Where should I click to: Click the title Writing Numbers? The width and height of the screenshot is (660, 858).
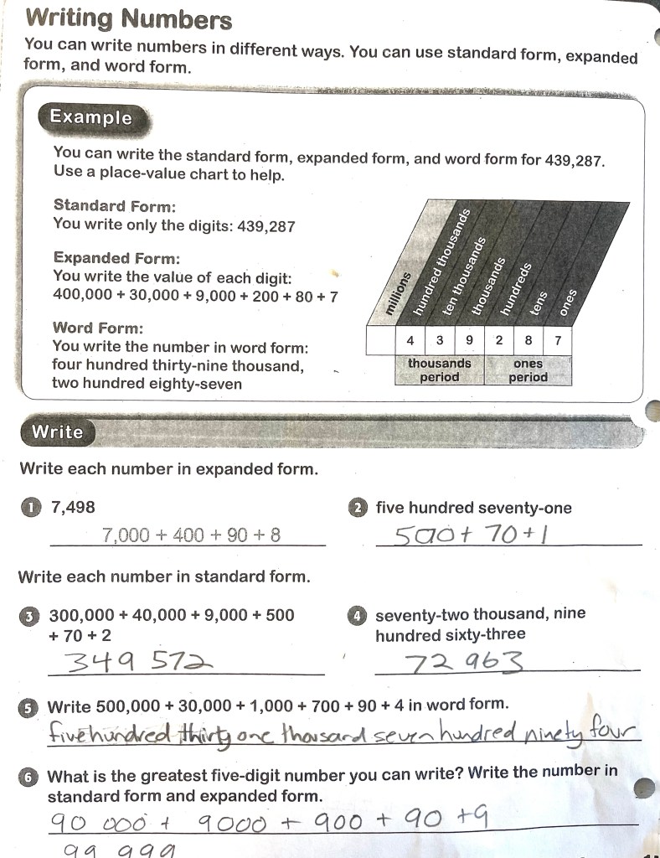pos(129,18)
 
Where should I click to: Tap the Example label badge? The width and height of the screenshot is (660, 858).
pos(90,117)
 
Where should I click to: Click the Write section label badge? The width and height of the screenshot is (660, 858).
pos(57,432)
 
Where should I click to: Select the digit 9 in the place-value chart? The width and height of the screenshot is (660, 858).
pos(469,341)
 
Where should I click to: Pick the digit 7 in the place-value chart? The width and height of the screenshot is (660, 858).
pos(558,341)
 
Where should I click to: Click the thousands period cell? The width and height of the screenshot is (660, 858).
pos(439,370)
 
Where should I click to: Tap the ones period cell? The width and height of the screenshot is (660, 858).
pos(528,370)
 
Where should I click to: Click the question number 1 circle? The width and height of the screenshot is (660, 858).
pos(31,507)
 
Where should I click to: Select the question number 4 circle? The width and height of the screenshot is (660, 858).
pos(357,615)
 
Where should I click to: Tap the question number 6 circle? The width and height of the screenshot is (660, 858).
pos(30,777)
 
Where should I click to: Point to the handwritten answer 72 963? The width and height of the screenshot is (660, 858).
pos(465,664)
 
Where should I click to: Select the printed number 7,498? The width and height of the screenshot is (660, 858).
pos(73,507)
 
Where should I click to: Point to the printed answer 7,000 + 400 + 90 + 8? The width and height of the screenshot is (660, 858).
pos(191,535)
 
